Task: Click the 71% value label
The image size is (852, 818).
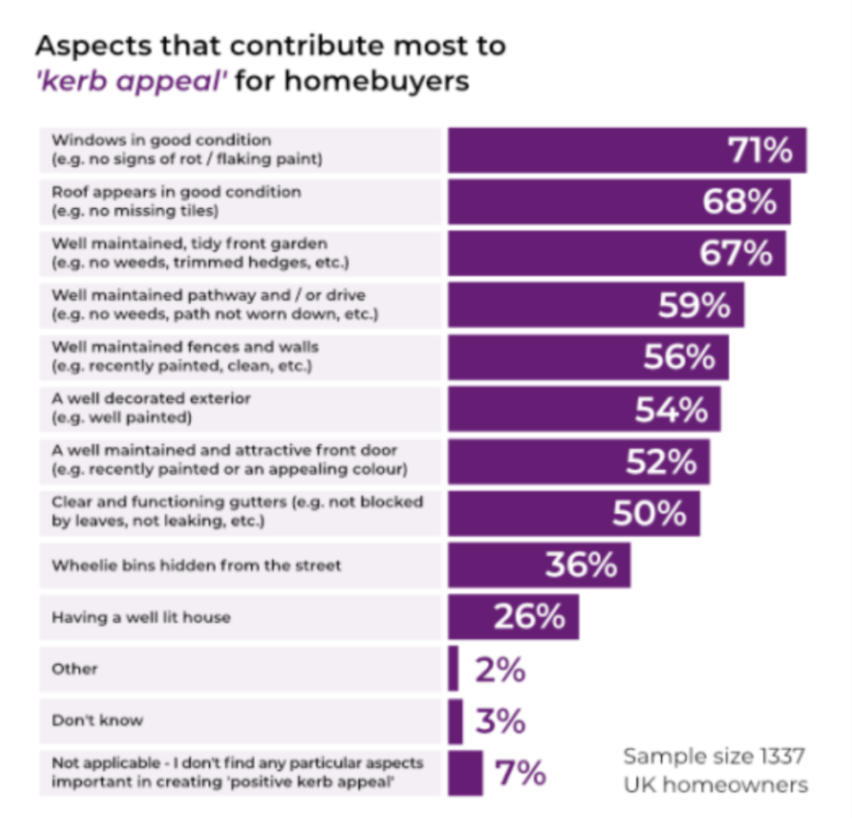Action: (x=760, y=150)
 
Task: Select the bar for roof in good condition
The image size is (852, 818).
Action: (x=620, y=202)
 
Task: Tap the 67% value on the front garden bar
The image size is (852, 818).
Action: (x=735, y=253)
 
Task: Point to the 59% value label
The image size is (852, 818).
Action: (x=694, y=305)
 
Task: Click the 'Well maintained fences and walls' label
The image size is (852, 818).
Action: (x=185, y=347)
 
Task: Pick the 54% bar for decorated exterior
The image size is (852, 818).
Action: (x=585, y=409)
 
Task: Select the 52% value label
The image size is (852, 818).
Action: (x=661, y=461)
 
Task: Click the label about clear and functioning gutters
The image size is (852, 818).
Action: (x=237, y=511)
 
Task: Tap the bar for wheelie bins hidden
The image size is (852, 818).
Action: (x=540, y=565)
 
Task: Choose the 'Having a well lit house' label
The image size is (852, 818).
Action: (x=142, y=617)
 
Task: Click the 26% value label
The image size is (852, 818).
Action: (x=529, y=616)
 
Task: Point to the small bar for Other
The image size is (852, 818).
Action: (x=453, y=668)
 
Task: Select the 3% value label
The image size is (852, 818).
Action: (x=500, y=721)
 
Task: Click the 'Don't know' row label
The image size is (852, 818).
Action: (x=97, y=720)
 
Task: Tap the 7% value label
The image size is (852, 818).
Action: (x=520, y=772)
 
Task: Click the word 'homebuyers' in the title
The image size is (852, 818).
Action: (x=377, y=82)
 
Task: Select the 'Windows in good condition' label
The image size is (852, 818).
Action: (x=161, y=140)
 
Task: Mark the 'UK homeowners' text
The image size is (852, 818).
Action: (x=716, y=785)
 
